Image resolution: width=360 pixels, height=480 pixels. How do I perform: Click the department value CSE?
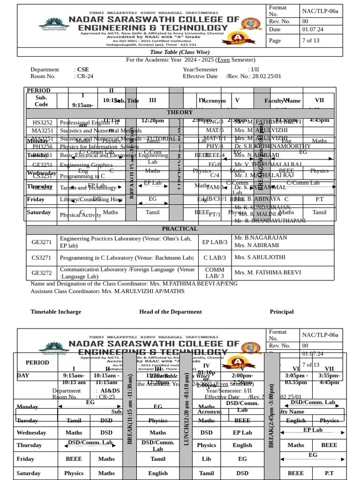[x=83, y=69]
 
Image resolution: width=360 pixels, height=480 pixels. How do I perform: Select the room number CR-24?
[x=85, y=76]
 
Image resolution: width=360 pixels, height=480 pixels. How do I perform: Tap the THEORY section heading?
[x=180, y=112]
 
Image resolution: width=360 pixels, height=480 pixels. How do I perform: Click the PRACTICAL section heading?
[x=180, y=229]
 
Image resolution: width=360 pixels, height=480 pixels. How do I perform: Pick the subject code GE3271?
[x=41, y=242]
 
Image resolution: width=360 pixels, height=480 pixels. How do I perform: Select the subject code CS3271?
[x=41, y=258]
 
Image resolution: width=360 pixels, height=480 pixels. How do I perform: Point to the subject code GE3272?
[x=41, y=273]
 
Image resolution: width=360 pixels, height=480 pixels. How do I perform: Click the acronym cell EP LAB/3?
[x=215, y=242]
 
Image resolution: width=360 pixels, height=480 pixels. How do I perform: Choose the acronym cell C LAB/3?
[x=215, y=258]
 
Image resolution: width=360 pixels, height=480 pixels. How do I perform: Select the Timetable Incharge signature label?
[x=56, y=312]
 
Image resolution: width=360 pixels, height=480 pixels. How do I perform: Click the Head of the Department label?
[x=171, y=312]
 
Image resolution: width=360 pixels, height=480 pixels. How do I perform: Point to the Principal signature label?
[x=282, y=312]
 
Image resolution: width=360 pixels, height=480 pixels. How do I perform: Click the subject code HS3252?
[x=42, y=122]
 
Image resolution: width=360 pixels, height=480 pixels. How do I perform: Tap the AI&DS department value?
[x=110, y=390]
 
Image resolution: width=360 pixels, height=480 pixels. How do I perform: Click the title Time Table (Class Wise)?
[x=180, y=52]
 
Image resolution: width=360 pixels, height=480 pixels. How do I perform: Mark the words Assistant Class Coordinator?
[x=64, y=291]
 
